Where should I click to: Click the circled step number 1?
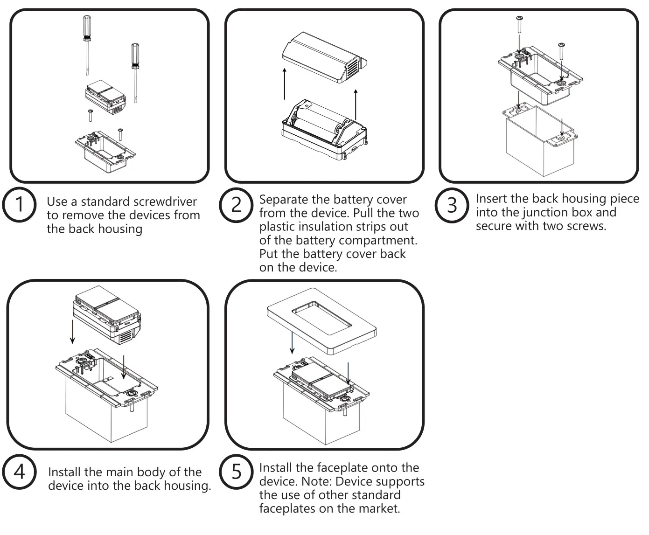pos(19,204)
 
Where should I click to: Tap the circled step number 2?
pos(237,204)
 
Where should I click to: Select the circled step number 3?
pos(452,204)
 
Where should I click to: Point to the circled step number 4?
pos(19,472)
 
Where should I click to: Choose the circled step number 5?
pos(237,472)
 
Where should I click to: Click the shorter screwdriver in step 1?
pos(135,70)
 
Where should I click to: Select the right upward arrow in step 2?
pos(356,104)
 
